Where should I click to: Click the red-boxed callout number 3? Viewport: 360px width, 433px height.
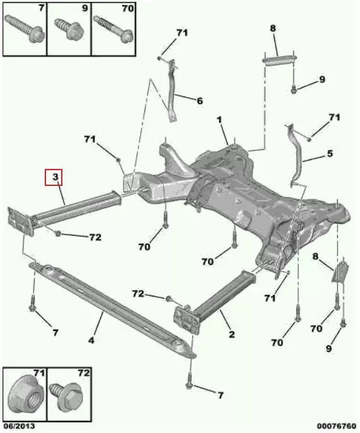(x=55, y=176)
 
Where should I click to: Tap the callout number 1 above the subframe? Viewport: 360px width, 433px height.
(x=219, y=120)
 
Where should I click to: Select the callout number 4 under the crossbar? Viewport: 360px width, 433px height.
(x=91, y=340)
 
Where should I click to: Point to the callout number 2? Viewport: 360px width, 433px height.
(x=232, y=335)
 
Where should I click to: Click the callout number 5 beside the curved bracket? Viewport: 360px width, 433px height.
(x=330, y=153)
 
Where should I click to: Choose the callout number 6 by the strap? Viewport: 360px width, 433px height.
(x=200, y=101)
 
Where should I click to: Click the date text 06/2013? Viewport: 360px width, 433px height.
(x=20, y=426)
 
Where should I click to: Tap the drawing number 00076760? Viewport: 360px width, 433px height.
(x=336, y=426)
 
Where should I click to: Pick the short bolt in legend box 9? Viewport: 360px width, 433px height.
(x=68, y=28)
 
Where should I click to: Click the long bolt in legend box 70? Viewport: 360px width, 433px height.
(x=113, y=29)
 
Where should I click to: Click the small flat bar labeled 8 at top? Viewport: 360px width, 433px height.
(x=279, y=60)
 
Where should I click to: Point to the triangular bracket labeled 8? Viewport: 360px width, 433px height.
(x=340, y=272)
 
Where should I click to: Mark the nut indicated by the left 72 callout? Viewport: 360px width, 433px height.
(x=58, y=233)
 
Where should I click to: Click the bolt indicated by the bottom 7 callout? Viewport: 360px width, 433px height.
(x=189, y=381)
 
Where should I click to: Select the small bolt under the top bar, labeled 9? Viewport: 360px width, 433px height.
(x=294, y=89)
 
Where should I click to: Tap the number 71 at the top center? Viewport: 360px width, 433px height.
(x=182, y=33)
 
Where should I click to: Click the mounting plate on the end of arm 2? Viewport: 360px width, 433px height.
(x=186, y=320)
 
